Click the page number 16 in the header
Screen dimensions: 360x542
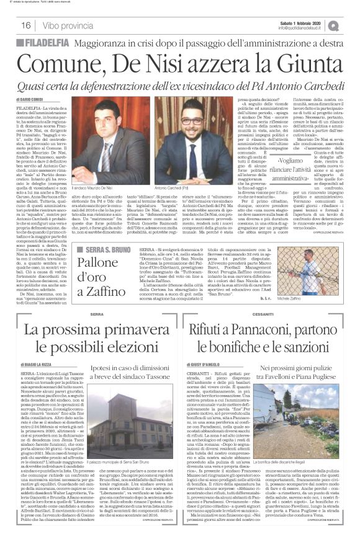tap(26, 25)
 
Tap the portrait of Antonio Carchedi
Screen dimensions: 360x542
tap(185, 133)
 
